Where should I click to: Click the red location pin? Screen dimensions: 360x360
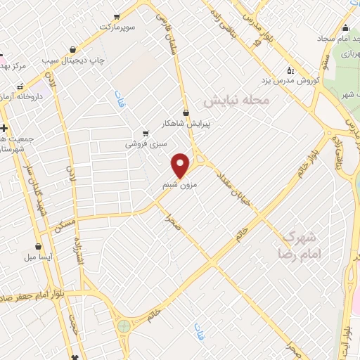181,165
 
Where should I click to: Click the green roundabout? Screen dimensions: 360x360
124,325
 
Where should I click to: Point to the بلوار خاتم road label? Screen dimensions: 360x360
316,153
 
